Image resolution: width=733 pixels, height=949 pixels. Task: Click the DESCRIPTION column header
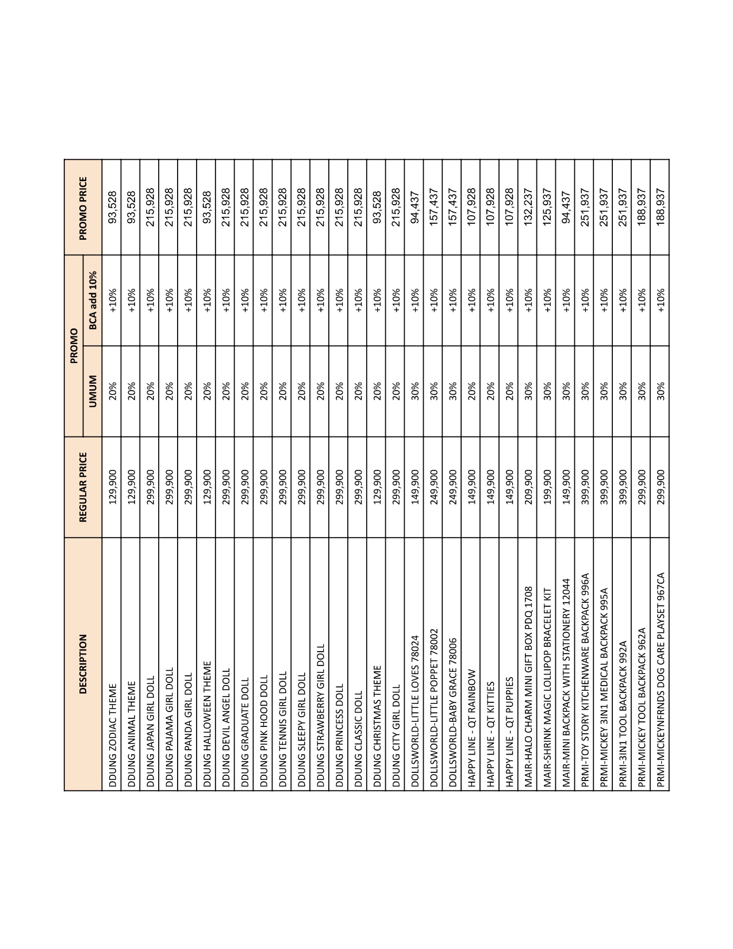[83, 664]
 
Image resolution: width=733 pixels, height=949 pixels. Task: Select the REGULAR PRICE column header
[83, 487]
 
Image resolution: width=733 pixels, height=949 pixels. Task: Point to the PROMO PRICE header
[83, 208]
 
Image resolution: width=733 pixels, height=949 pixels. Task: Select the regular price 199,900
[547, 487]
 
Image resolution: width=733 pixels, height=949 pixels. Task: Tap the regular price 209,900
[528, 487]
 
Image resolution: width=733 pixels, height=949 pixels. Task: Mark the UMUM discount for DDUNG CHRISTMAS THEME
[377, 391]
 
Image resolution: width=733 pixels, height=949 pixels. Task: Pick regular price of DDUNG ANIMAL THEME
[131, 487]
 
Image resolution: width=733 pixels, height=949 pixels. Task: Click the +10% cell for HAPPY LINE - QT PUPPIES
[509, 300]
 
